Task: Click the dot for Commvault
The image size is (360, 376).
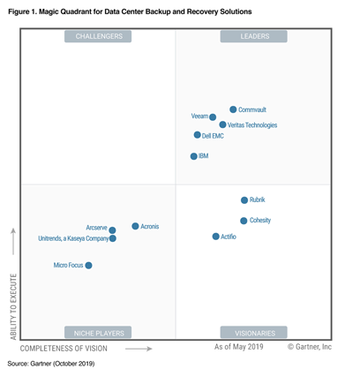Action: (233, 109)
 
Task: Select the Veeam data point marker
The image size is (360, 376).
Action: (213, 117)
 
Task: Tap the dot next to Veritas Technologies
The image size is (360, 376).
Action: (222, 125)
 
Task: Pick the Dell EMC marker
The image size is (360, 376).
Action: (197, 135)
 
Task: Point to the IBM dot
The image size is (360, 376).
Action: (194, 156)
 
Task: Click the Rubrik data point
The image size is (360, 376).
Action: (244, 200)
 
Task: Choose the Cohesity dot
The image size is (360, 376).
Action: (244, 221)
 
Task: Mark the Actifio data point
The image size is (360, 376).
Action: (215, 237)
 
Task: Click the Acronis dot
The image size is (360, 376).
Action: (135, 226)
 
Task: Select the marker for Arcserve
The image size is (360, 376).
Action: (112, 230)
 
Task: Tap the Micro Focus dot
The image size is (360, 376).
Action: (88, 265)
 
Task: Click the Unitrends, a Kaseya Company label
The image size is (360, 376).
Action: (73, 238)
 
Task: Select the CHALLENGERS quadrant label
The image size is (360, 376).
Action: (99, 36)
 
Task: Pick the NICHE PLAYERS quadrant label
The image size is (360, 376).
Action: (99, 333)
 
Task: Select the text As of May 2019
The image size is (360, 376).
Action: (239, 349)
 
